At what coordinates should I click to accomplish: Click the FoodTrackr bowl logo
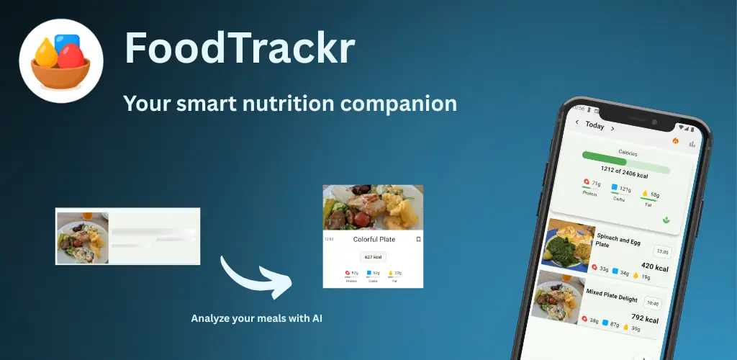pos(60,62)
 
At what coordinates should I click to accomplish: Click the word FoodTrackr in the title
pos(240,49)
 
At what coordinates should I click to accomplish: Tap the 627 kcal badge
pos(373,256)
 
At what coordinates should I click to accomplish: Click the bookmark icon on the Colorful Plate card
pos(418,239)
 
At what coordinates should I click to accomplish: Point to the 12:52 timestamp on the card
pos(329,239)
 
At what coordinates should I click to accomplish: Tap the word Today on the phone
pos(594,125)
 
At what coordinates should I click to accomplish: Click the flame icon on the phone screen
pos(675,140)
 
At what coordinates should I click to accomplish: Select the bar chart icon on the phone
pos(692,144)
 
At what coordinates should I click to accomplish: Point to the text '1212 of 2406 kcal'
pos(625,173)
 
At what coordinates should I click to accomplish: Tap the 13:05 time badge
pos(662,252)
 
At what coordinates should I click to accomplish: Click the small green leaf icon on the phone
pos(666,219)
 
